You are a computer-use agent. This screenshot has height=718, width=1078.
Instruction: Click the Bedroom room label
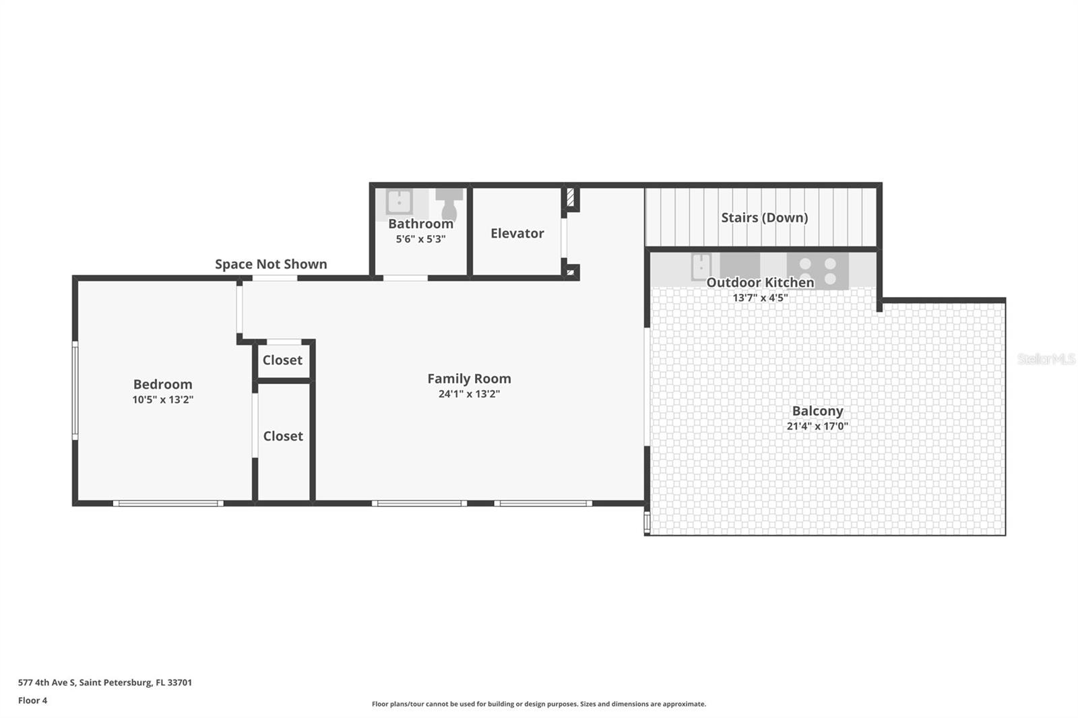tap(162, 384)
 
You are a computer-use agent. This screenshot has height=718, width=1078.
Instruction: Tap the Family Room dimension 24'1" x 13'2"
tap(469, 394)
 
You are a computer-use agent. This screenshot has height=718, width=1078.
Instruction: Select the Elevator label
tap(517, 233)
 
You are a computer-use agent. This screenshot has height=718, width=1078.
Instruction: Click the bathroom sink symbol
tap(399, 201)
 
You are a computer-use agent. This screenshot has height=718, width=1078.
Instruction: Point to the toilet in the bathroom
tap(449, 203)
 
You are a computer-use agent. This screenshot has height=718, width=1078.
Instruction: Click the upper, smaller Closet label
tap(282, 360)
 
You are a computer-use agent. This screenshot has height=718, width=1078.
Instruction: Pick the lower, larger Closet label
tap(283, 436)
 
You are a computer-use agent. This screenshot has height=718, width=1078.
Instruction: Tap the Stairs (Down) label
tap(764, 217)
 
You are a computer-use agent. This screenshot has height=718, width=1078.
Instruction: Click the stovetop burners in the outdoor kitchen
tap(817, 270)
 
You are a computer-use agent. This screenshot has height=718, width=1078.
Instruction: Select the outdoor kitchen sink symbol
tap(701, 266)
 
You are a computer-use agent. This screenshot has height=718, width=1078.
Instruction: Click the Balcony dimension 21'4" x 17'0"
tap(817, 426)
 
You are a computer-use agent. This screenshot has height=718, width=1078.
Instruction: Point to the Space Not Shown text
tap(271, 264)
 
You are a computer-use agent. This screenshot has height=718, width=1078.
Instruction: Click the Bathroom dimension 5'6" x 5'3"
tap(420, 238)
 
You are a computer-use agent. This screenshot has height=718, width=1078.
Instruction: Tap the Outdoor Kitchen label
tap(760, 282)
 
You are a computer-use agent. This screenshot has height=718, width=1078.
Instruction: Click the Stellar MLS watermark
tap(1046, 359)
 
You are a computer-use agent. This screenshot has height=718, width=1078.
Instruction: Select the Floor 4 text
tap(32, 700)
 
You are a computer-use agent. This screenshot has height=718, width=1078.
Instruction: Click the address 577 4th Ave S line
tap(105, 682)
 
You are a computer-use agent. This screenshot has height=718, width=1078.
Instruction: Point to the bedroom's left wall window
tap(75, 391)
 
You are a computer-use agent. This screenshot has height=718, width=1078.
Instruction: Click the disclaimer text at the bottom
tap(539, 704)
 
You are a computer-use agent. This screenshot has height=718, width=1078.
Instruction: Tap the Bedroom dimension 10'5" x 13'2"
tap(162, 399)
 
